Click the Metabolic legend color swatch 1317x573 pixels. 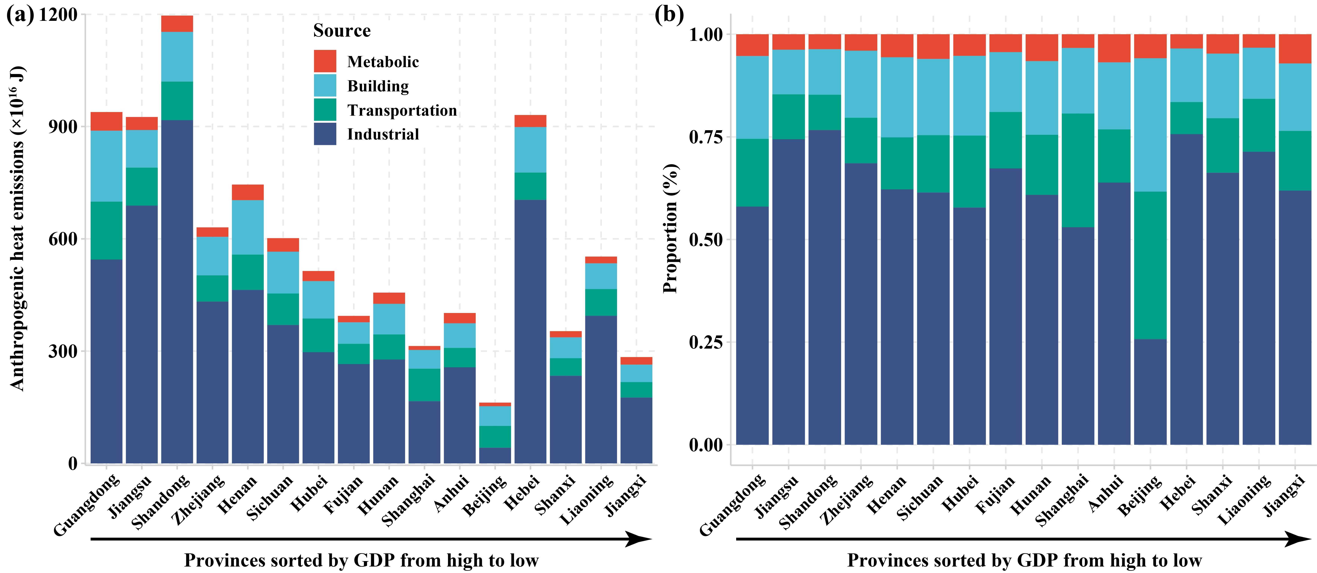point(325,61)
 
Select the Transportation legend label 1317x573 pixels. point(402,110)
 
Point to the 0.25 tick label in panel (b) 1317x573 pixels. point(706,342)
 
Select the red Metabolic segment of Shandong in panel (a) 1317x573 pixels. point(177,23)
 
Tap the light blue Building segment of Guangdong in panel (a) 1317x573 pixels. point(106,166)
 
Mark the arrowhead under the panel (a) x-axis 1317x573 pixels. point(639,539)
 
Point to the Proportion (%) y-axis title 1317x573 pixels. point(670,228)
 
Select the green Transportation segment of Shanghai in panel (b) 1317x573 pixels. point(1078,170)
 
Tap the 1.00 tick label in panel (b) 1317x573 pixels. point(706,35)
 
